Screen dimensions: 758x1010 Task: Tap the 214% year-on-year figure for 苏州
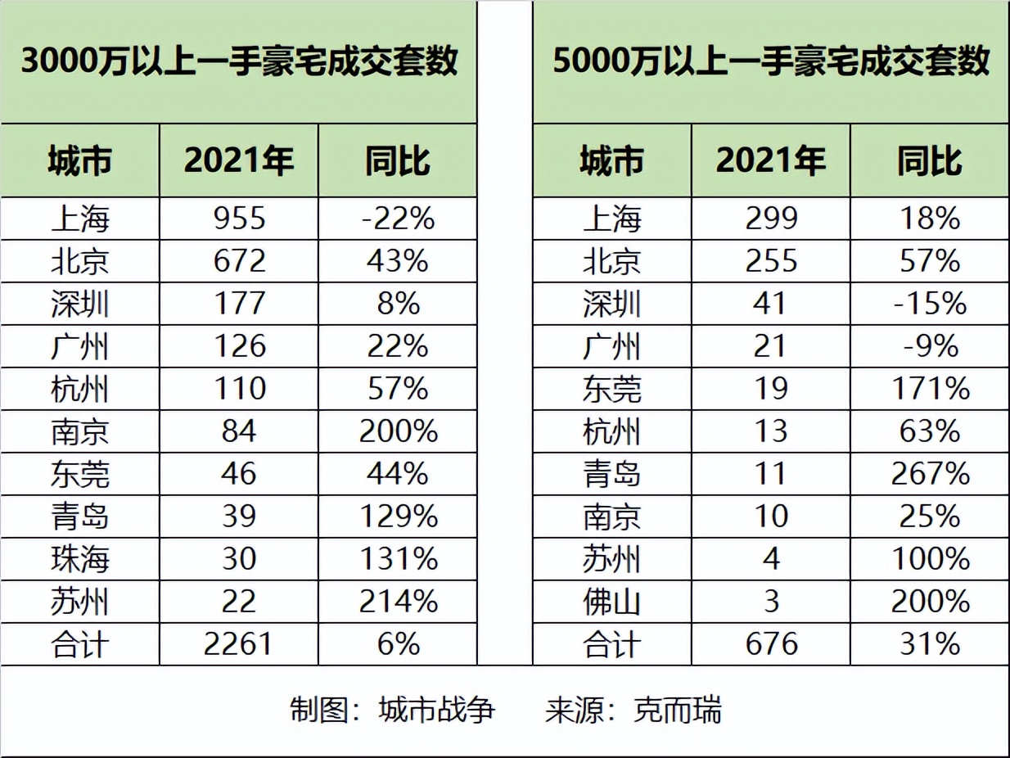coord(398,602)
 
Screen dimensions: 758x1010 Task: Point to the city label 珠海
coord(79,559)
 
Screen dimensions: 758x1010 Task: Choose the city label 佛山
coord(611,602)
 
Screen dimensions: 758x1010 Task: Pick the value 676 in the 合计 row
coord(772,644)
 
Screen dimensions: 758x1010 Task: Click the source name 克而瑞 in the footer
coord(679,710)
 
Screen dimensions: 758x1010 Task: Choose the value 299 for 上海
coord(772,219)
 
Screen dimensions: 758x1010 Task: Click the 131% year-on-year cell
coord(398,559)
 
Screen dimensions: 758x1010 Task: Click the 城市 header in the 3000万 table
coord(79,160)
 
